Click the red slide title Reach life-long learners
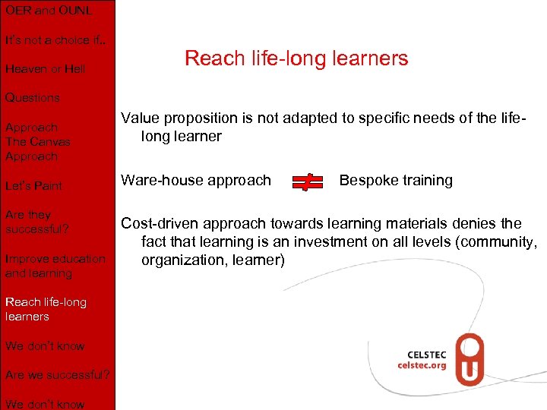[x=296, y=58]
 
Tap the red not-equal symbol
[x=307, y=181]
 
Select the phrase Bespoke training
[x=396, y=181]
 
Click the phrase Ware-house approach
[x=196, y=181]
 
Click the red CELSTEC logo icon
[x=470, y=359]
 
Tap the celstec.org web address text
[x=423, y=365]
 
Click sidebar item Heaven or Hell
[x=45, y=69]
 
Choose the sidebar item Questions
[x=32, y=98]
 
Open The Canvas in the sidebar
[x=38, y=142]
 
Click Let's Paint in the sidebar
[x=33, y=186]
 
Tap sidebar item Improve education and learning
[x=55, y=266]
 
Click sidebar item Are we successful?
[x=58, y=375]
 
